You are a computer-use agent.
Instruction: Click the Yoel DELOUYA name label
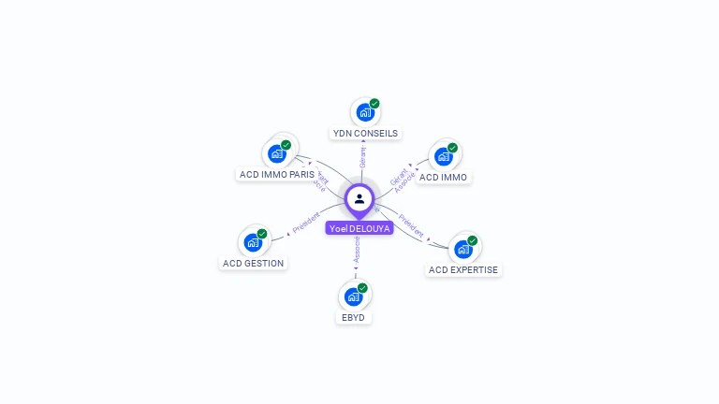359,228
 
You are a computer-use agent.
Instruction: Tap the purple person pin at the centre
359,199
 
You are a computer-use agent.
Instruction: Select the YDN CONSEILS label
365,133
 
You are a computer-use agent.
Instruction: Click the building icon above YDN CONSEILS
365,112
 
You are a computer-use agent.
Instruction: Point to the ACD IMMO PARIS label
277,174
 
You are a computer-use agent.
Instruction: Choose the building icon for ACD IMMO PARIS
277,153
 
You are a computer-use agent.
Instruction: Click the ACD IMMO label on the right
444,177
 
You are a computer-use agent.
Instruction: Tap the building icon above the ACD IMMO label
444,156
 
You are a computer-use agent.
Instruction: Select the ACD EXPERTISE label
463,269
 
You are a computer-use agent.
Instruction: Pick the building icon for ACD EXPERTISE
462,249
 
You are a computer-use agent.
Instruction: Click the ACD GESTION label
253,263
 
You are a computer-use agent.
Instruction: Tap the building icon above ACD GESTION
253,242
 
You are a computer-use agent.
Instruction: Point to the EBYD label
354,317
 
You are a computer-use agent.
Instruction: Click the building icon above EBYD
354,296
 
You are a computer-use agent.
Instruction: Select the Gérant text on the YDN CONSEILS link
363,158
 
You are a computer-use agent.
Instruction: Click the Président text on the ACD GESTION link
306,224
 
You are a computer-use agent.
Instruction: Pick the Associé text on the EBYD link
357,250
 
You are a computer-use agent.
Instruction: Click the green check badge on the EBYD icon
362,288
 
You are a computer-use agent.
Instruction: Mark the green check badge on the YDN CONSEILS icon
374,104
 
